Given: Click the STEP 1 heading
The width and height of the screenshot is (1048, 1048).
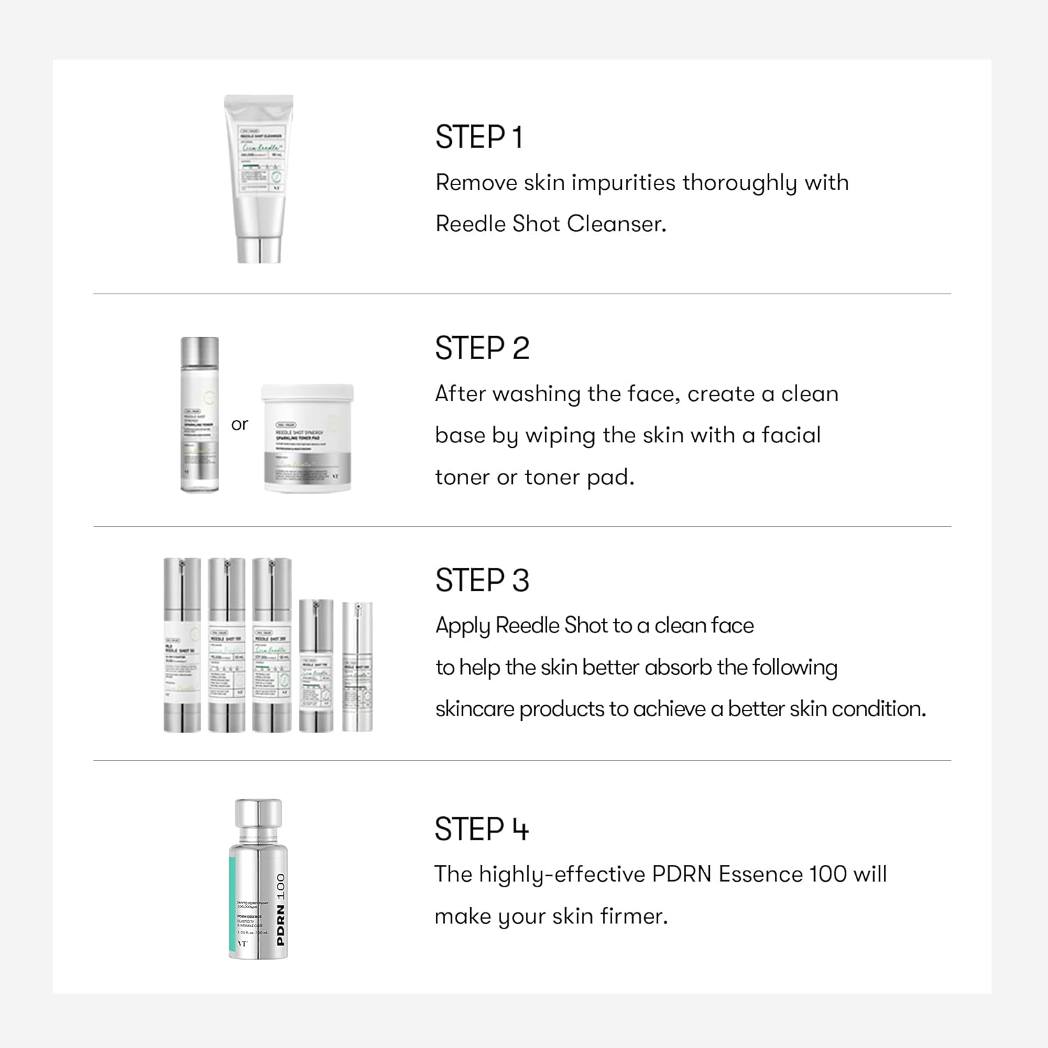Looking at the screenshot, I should (479, 138).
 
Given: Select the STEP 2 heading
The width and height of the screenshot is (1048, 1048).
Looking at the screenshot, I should (482, 349).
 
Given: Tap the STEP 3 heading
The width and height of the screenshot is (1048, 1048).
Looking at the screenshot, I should (482, 581).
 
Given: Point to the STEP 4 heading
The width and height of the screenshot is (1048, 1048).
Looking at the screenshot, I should (481, 829).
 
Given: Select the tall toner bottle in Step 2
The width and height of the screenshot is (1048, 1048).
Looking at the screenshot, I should (200, 414).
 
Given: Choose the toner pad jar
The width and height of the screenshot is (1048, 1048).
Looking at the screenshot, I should (307, 438).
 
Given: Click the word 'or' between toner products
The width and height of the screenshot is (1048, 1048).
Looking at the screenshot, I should (240, 424).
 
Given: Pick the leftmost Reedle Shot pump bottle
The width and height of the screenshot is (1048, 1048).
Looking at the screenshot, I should (182, 644).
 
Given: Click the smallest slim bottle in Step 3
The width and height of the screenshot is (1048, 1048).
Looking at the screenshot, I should (357, 667).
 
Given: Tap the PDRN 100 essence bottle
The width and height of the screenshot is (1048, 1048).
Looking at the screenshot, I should (258, 880).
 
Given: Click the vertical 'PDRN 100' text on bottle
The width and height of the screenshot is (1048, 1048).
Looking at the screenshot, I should (280, 909).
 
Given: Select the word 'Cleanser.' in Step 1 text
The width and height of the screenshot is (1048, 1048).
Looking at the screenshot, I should (616, 224).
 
